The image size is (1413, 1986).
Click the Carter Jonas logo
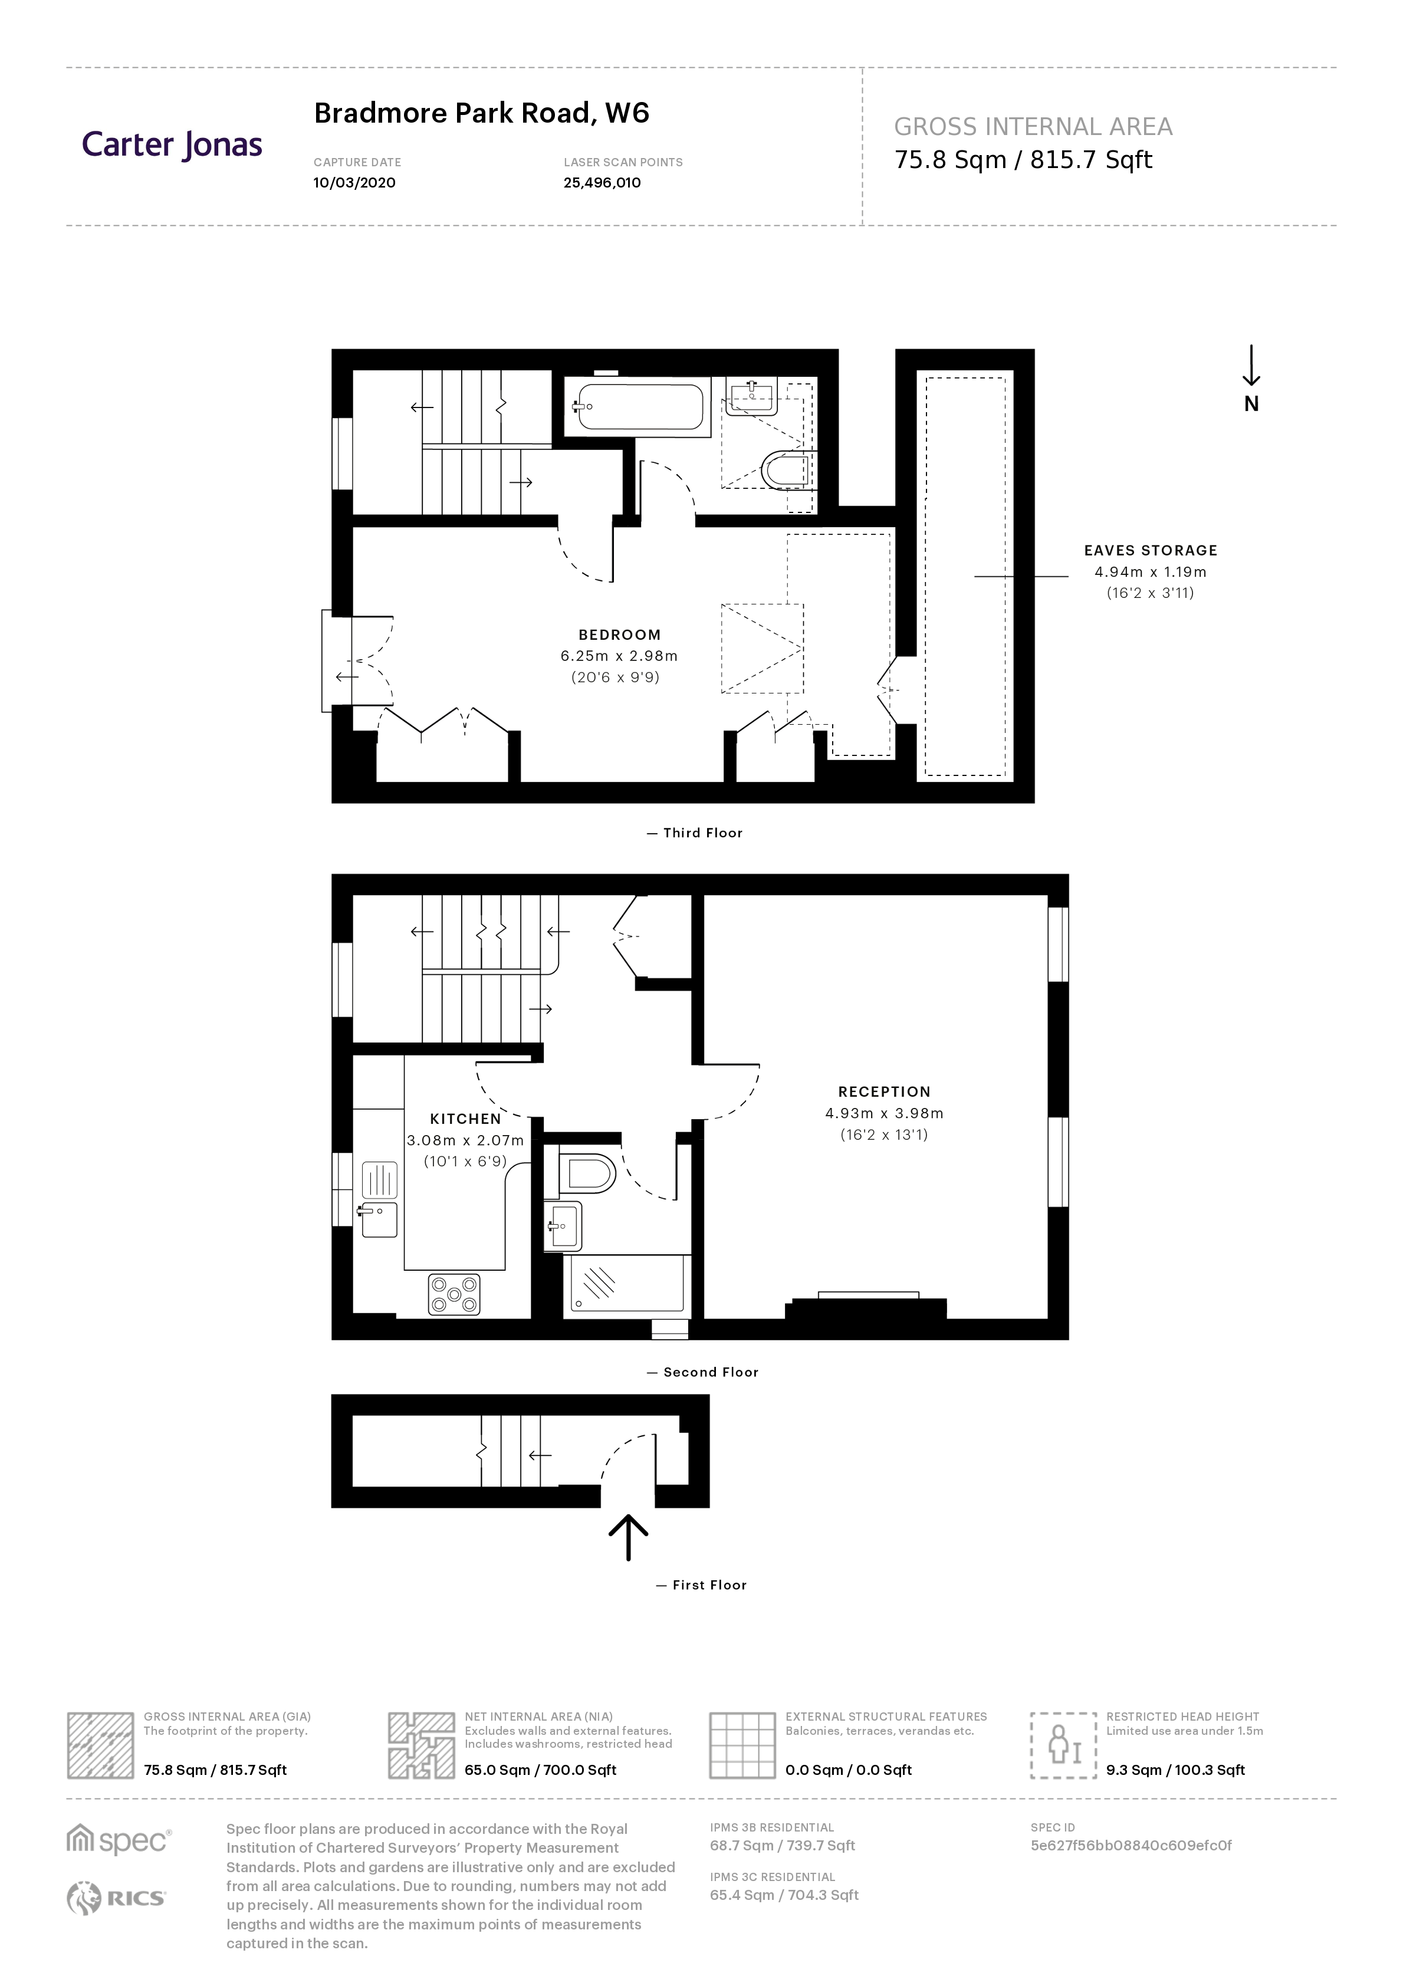[x=172, y=145]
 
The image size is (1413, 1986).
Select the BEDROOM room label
[x=619, y=635]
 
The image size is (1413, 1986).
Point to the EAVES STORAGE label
[x=1150, y=551]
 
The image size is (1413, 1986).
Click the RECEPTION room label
[x=884, y=1091]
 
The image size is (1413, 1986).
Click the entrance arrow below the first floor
[x=627, y=1537]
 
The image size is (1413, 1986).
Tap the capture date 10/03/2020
[x=354, y=183]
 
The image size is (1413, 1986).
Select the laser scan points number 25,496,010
[x=602, y=183]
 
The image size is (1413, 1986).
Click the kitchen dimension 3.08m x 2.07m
[x=465, y=1140]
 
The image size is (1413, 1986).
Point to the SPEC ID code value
[x=1131, y=1845]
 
